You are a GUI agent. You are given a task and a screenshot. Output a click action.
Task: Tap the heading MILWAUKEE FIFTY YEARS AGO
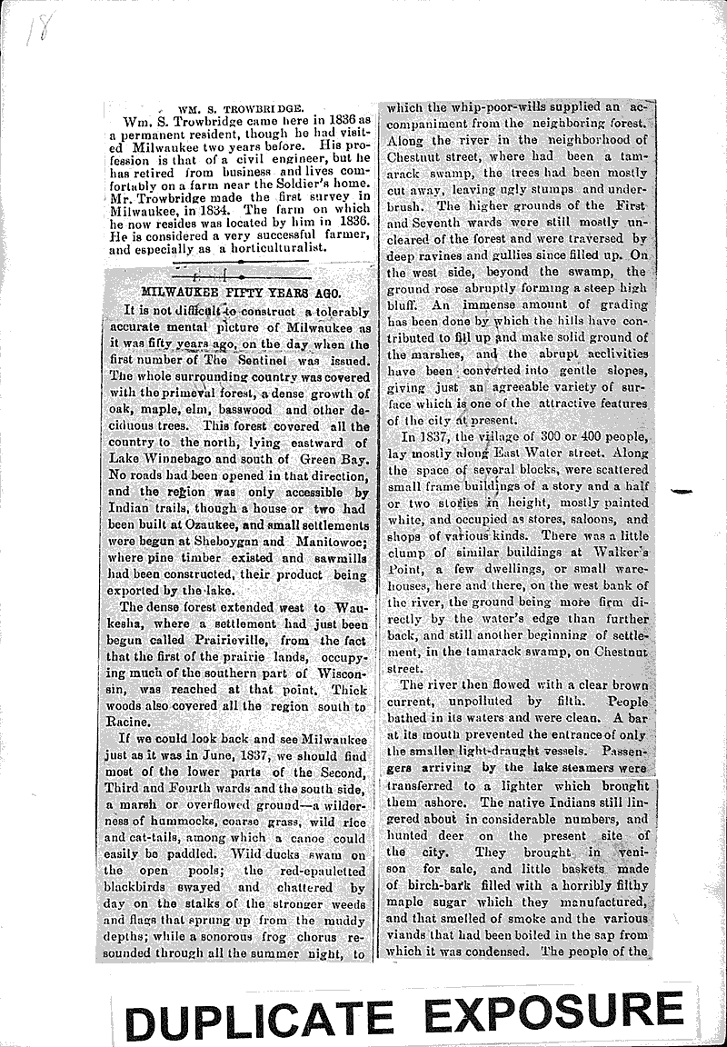point(240,292)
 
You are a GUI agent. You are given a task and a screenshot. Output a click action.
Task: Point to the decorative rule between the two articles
point(242,274)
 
